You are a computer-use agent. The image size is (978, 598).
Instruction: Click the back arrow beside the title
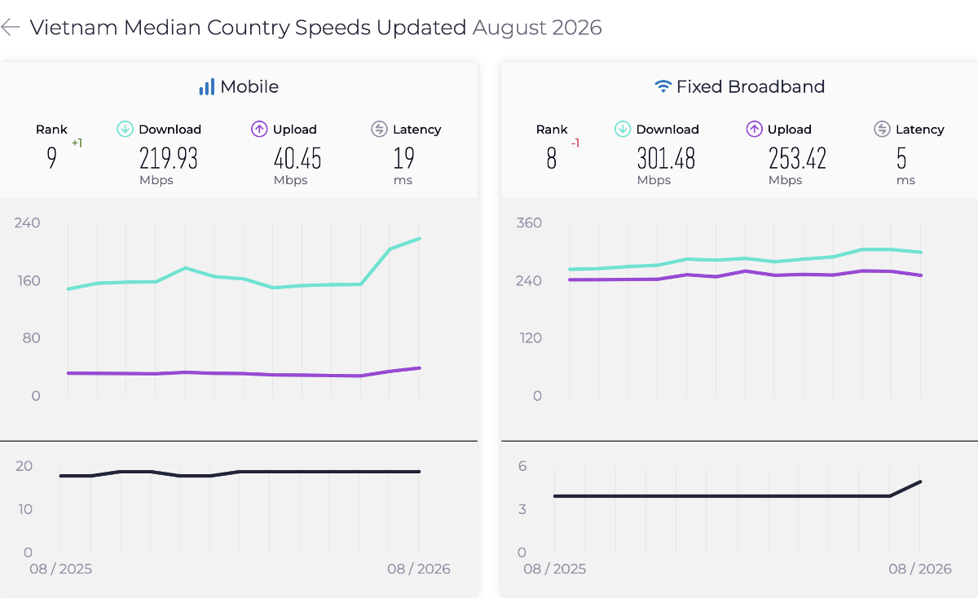(11, 27)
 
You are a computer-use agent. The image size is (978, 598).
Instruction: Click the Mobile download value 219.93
(169, 158)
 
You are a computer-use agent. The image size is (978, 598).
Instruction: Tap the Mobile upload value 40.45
(297, 158)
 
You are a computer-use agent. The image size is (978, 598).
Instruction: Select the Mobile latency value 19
(403, 158)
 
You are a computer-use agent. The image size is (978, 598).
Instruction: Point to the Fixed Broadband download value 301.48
(666, 158)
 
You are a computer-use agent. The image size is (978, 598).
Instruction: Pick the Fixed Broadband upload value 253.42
(797, 158)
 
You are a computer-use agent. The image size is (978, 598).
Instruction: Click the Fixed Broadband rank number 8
(552, 158)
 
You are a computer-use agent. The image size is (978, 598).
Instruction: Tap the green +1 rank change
(77, 143)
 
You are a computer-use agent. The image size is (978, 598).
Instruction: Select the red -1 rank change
(575, 143)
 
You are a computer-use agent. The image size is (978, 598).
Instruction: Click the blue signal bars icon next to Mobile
(207, 86)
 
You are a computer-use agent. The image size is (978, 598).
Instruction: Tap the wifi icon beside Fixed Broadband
(663, 86)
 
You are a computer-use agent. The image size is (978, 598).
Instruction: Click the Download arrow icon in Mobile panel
(125, 130)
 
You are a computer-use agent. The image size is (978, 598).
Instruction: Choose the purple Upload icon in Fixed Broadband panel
(754, 130)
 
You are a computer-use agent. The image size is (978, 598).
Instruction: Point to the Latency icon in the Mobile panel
(379, 130)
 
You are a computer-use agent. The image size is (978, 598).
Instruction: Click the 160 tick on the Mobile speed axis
(29, 280)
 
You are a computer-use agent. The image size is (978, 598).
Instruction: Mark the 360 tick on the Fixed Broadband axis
(529, 223)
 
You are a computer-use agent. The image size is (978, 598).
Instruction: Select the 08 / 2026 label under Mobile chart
(418, 569)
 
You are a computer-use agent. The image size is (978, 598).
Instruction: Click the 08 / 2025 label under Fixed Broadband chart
(554, 569)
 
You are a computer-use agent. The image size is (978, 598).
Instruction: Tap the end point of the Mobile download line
(419, 239)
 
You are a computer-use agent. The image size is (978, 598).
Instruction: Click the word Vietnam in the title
(74, 28)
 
